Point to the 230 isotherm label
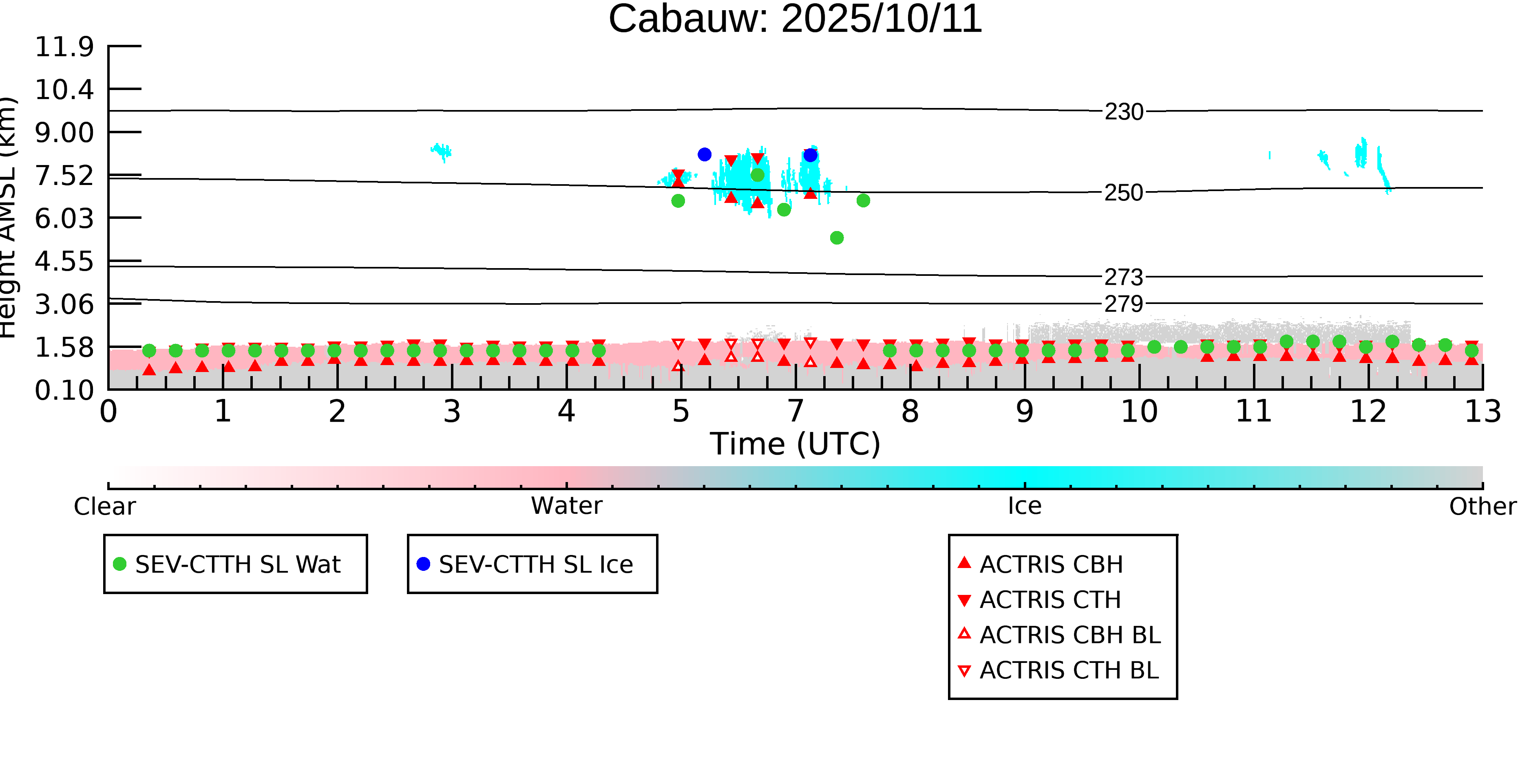1124,112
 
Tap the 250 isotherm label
1124,193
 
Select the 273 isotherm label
1124,277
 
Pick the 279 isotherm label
1124,304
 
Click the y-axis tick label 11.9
64,46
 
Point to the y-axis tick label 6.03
64,218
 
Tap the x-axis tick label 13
1483,412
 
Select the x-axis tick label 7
795,412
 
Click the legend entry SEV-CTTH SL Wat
237,564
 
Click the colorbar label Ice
1025,506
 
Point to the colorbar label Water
566,506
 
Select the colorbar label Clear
104,506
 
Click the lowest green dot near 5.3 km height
837,238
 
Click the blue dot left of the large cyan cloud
705,154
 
